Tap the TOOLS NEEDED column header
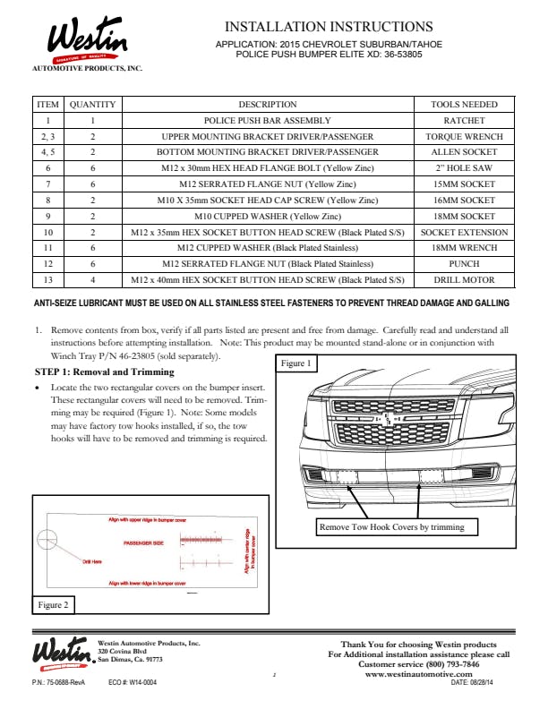pos(464,105)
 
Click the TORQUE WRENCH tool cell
pos(464,137)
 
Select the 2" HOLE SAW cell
pos(464,168)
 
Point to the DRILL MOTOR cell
pos(464,279)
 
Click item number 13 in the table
pos(47,279)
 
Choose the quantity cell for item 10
pos(92,232)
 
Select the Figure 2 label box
pos(53,605)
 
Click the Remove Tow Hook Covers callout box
pos(391,527)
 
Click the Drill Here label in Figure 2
pos(92,562)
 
